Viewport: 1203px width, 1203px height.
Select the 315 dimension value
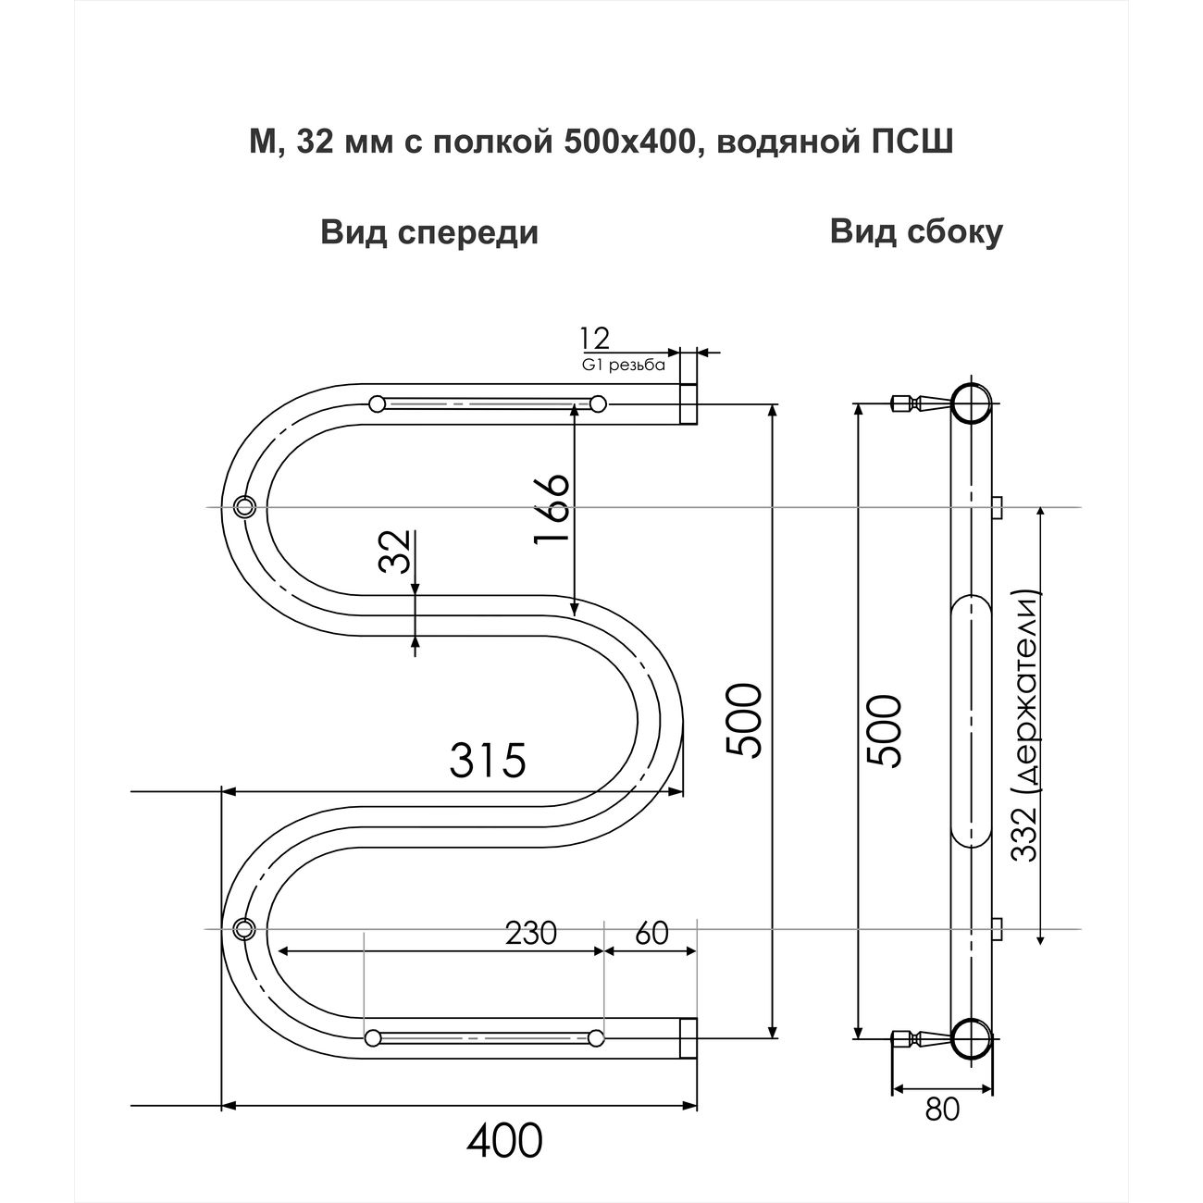(x=488, y=761)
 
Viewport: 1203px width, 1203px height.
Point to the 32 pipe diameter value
(x=395, y=552)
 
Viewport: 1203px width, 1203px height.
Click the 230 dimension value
(x=530, y=934)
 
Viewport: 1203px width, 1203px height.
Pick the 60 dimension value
(x=652, y=934)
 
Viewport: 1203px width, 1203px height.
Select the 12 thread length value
(x=595, y=338)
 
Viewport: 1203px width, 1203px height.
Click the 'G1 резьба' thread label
(x=625, y=365)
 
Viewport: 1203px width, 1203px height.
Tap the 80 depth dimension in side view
(x=942, y=1109)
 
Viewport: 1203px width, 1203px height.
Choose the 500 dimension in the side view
(x=885, y=731)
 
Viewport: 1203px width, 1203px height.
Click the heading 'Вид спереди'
(x=429, y=232)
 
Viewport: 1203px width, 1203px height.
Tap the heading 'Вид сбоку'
(x=916, y=232)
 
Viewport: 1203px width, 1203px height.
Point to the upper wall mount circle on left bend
(x=245, y=506)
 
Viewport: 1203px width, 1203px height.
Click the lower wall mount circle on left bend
(x=244, y=927)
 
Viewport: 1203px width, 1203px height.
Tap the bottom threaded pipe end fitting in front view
(x=688, y=1037)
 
